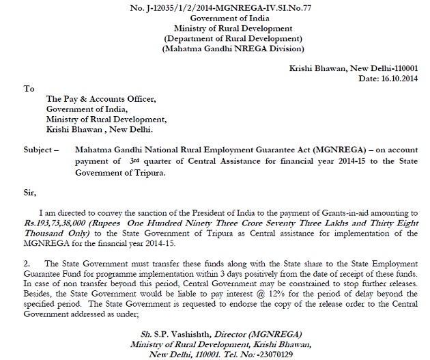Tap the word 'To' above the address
pos(28,89)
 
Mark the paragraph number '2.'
pos(27,264)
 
